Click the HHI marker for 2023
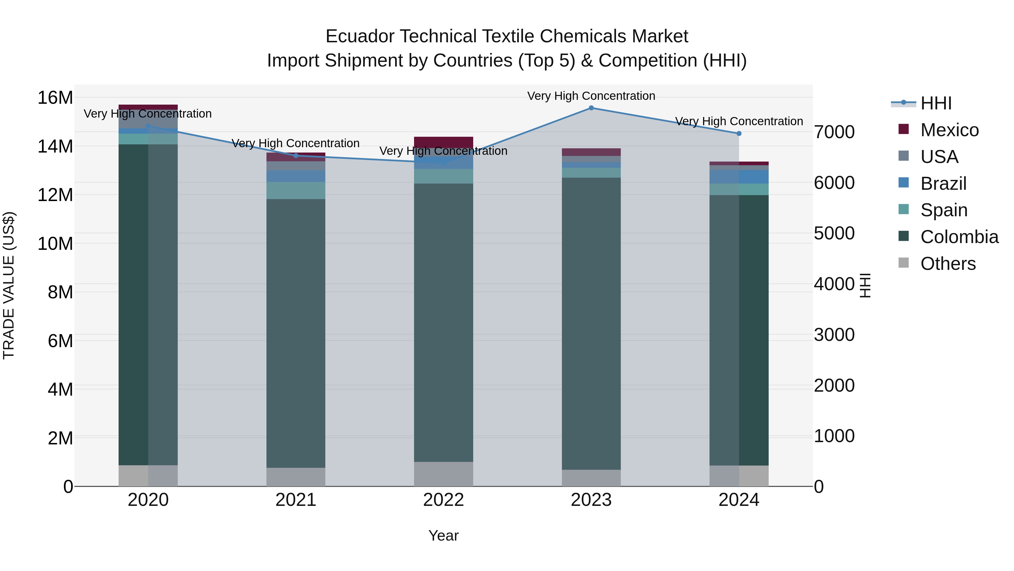click(591, 108)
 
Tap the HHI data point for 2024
click(739, 134)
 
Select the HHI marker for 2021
click(296, 156)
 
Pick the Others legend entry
click(948, 264)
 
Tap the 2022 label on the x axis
click(443, 500)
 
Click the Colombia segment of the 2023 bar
click(591, 323)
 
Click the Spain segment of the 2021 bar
click(296, 190)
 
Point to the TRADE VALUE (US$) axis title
click(9, 285)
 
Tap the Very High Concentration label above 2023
click(591, 96)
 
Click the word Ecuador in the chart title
click(360, 37)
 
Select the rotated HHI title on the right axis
click(865, 285)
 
